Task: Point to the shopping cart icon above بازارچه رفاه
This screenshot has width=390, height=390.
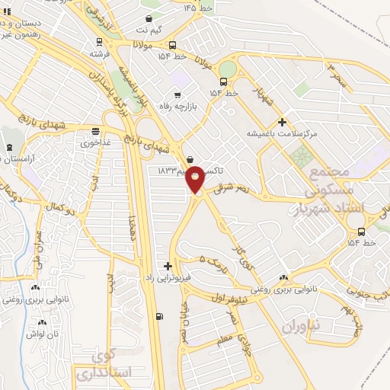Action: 177,96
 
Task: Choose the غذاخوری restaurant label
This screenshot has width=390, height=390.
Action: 95,142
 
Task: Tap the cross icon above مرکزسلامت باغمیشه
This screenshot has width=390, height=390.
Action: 282,122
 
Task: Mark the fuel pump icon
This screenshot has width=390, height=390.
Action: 158,318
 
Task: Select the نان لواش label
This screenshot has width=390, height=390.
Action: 43,334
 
